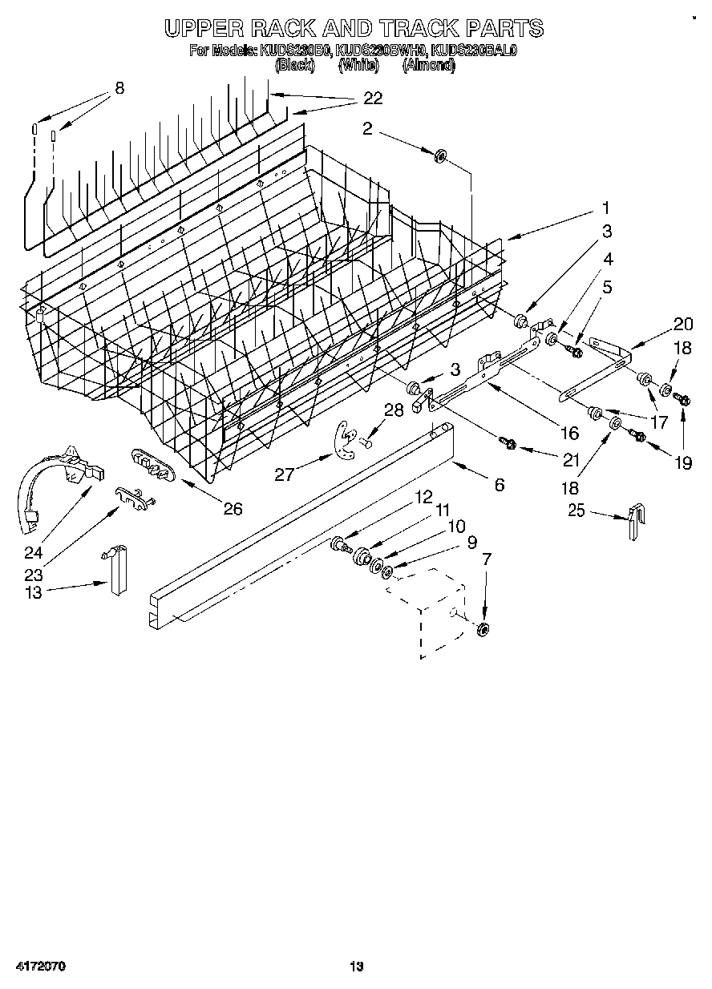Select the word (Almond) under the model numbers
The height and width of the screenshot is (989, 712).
coord(428,66)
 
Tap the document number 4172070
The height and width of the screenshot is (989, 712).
coord(38,967)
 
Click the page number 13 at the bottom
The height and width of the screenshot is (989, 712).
coord(356,967)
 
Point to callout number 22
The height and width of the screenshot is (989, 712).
coord(373,99)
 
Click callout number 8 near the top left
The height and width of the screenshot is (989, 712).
coord(119,88)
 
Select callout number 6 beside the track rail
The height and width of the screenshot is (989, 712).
coord(499,484)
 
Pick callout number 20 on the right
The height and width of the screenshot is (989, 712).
coord(683,324)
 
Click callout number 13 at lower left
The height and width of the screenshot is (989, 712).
coord(32,591)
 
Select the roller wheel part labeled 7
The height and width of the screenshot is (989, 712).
coord(482,630)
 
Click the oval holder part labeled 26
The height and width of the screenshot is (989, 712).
coord(151,465)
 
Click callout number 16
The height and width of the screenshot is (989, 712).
coord(569,434)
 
